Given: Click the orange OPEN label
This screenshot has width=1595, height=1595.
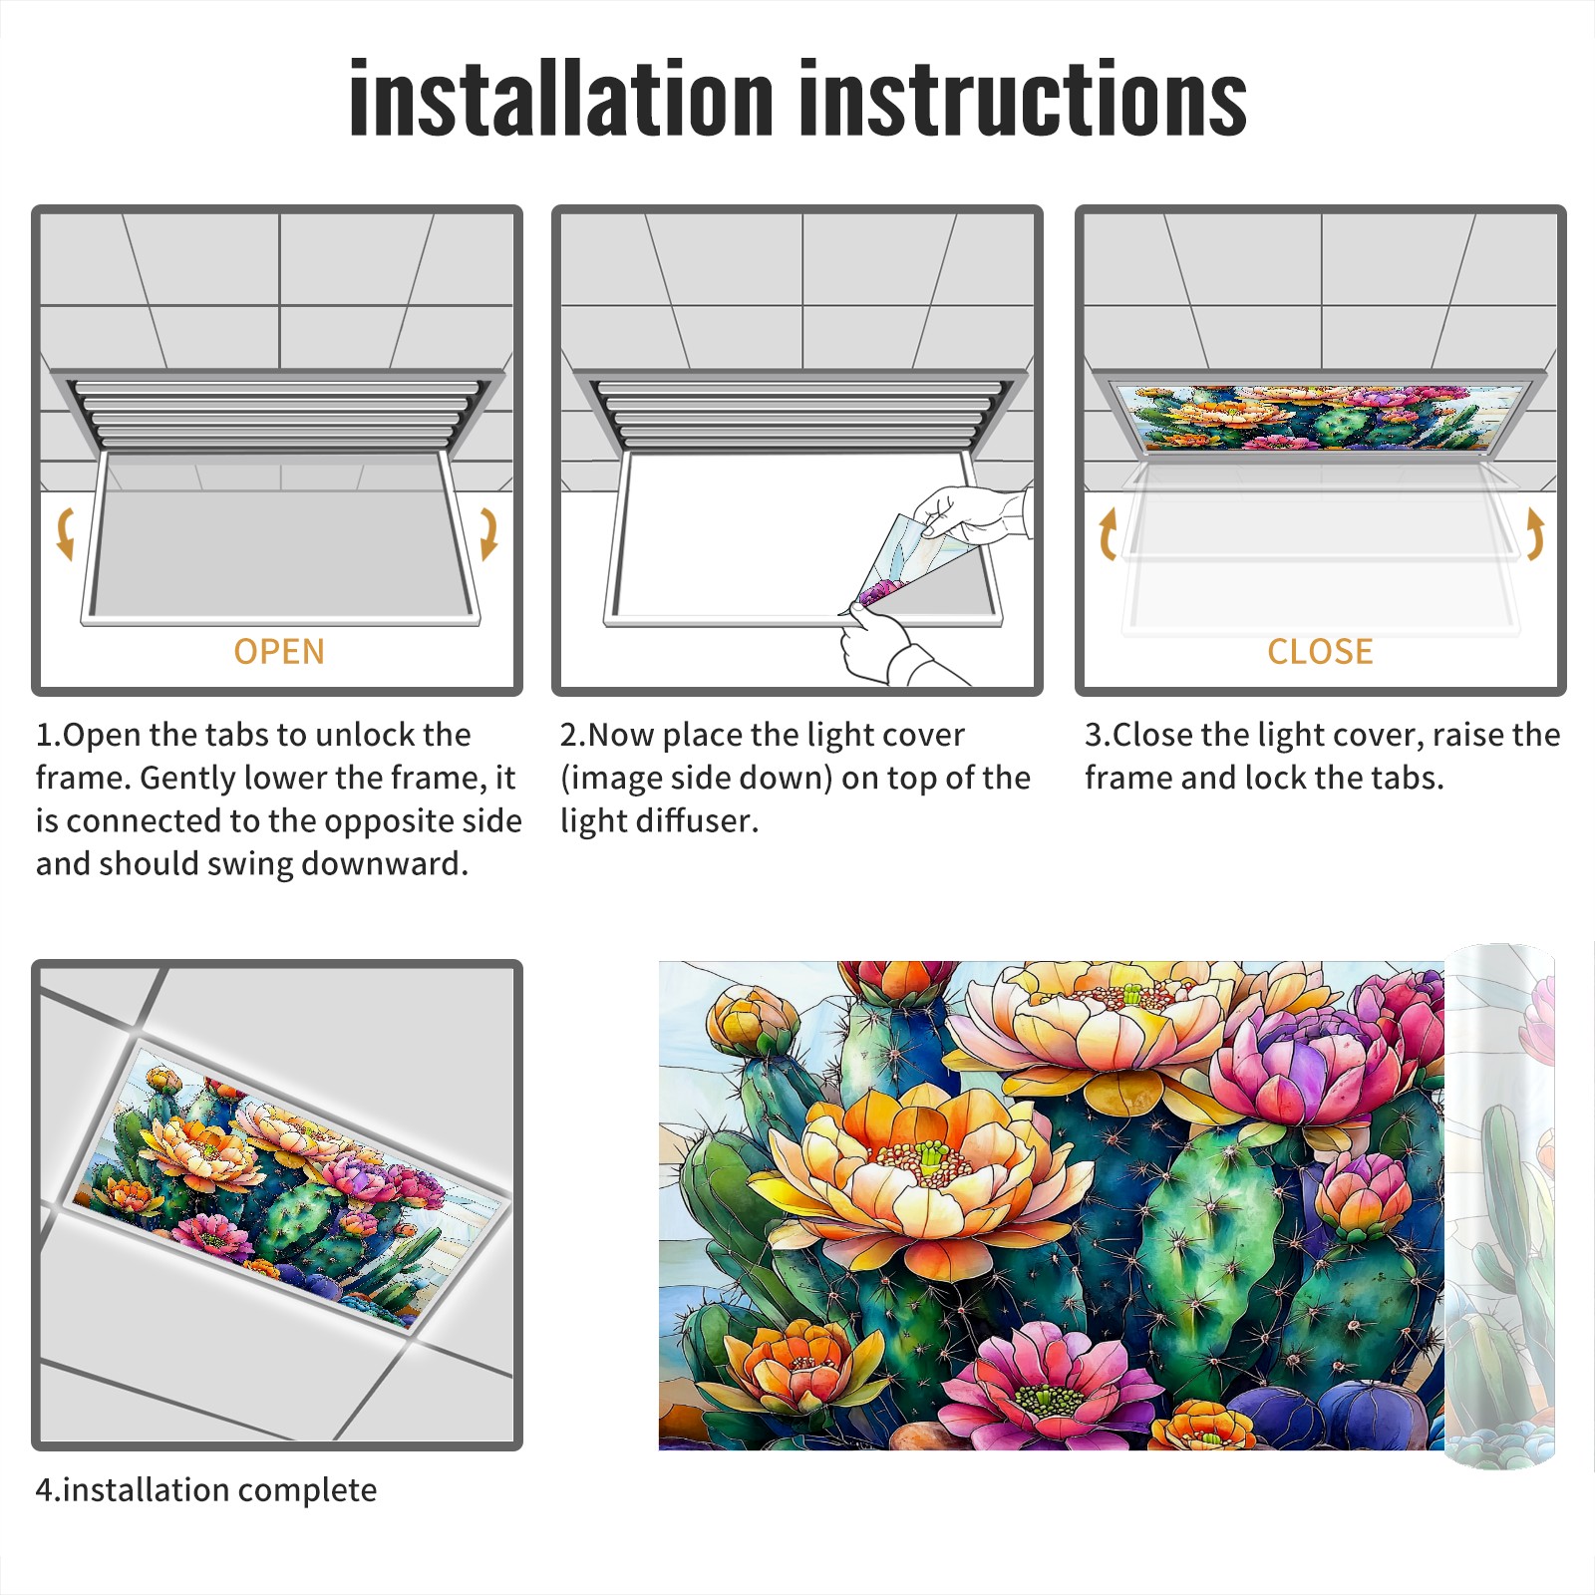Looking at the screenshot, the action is pos(279,651).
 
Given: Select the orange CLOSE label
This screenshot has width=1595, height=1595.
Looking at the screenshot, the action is pos(1320,651).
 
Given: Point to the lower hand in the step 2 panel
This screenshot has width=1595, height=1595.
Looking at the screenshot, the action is pos(892,648).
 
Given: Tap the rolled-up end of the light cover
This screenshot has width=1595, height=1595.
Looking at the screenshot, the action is pos(1499,1206).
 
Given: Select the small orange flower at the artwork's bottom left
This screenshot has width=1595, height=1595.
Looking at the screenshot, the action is pos(797,1368).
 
